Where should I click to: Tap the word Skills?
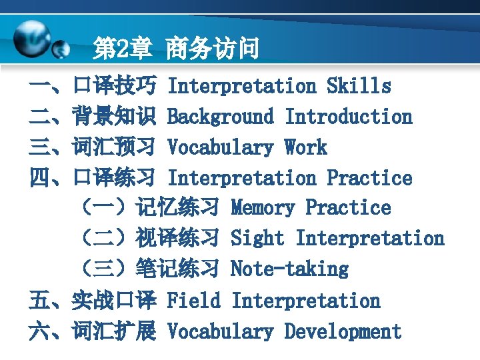point(359,86)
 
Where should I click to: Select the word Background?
point(220,117)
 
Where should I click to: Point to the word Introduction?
point(348,117)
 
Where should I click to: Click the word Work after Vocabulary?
point(305,147)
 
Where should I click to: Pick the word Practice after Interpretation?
point(369,178)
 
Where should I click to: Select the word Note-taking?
point(289,269)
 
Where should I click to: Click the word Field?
point(193,301)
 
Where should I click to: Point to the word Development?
point(343,331)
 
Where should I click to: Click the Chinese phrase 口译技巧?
point(115,86)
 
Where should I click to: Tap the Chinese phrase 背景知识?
point(115,117)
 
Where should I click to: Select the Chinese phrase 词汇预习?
point(115,147)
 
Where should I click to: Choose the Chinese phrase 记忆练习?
point(177,208)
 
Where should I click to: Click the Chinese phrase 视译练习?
point(177,239)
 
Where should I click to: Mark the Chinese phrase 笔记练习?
point(177,269)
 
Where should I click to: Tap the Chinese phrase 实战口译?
point(115,301)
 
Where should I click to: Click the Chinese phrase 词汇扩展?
point(115,331)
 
